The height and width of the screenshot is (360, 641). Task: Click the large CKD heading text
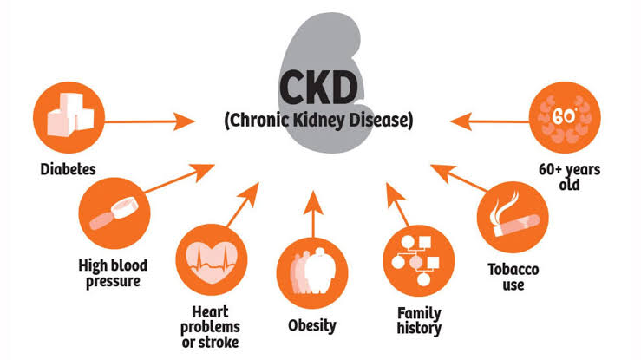[319, 88]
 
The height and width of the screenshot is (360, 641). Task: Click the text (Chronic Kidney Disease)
[319, 121]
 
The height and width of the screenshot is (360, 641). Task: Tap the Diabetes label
[68, 169]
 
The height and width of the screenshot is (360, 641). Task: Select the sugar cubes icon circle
[69, 117]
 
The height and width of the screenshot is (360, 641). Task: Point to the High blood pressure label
[113, 273]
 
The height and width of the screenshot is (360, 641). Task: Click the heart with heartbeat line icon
[212, 260]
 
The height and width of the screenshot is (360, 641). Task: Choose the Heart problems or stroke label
[210, 327]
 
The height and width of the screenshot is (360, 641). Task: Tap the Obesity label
[312, 325]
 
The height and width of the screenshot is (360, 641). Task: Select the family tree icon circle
[419, 261]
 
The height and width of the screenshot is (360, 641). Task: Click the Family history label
[420, 321]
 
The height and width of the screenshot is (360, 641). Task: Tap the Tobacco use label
[513, 277]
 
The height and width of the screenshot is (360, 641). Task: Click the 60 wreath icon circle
[565, 117]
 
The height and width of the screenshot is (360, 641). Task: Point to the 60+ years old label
[570, 177]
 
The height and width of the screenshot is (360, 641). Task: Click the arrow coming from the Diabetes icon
[149, 121]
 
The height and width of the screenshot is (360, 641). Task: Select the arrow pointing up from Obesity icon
[313, 214]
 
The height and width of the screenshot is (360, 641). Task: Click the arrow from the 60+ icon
[490, 121]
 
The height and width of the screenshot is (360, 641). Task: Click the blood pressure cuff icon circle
[114, 213]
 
